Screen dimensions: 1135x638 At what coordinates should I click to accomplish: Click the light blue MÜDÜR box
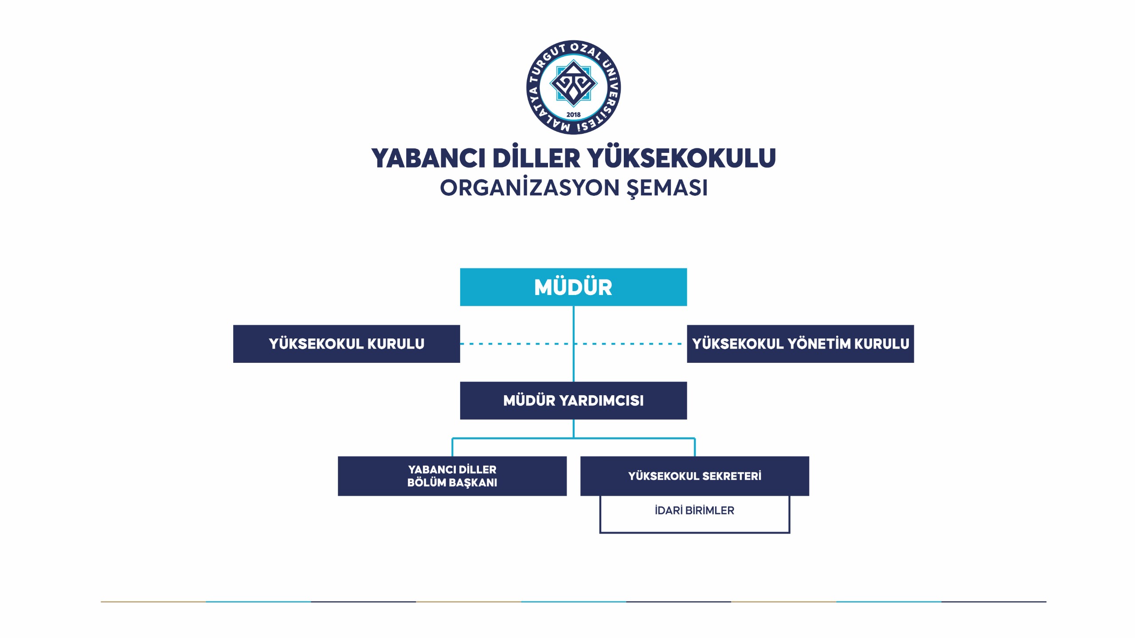point(573,287)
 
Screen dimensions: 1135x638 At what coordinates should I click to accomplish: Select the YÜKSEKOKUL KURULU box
point(346,344)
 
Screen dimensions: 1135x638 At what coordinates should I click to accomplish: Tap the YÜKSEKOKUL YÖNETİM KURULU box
point(800,344)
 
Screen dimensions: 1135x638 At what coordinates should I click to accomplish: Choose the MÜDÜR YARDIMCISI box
point(573,401)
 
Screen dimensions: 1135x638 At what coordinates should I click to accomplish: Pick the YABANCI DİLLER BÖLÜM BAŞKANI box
point(452,476)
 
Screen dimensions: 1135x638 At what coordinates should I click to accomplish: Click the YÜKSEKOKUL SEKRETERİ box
point(695,476)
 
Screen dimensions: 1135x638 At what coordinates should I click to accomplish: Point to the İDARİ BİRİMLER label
point(694,510)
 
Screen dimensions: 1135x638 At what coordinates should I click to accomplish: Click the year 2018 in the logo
point(573,114)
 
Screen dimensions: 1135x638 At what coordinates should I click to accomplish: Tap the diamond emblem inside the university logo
point(573,83)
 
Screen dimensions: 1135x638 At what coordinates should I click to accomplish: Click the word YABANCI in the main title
point(428,159)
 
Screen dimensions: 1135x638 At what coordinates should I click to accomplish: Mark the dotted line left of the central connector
point(517,344)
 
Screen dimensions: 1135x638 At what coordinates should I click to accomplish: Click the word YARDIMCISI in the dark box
point(601,401)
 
